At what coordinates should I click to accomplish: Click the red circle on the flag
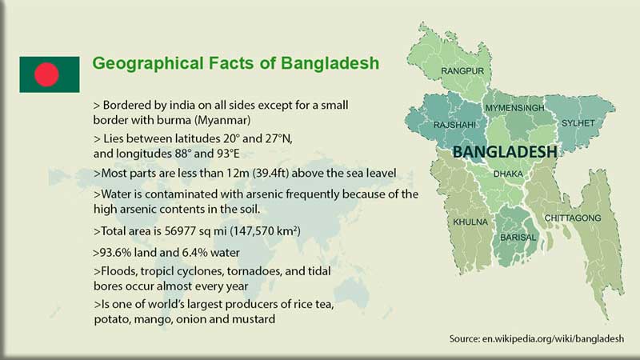point(47,74)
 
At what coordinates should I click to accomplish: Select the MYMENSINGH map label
point(514,107)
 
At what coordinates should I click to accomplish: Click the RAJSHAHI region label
point(454,125)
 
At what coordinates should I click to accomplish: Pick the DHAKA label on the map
point(510,173)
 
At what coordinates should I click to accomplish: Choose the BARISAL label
point(518,238)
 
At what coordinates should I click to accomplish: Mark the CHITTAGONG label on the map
point(573,218)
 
